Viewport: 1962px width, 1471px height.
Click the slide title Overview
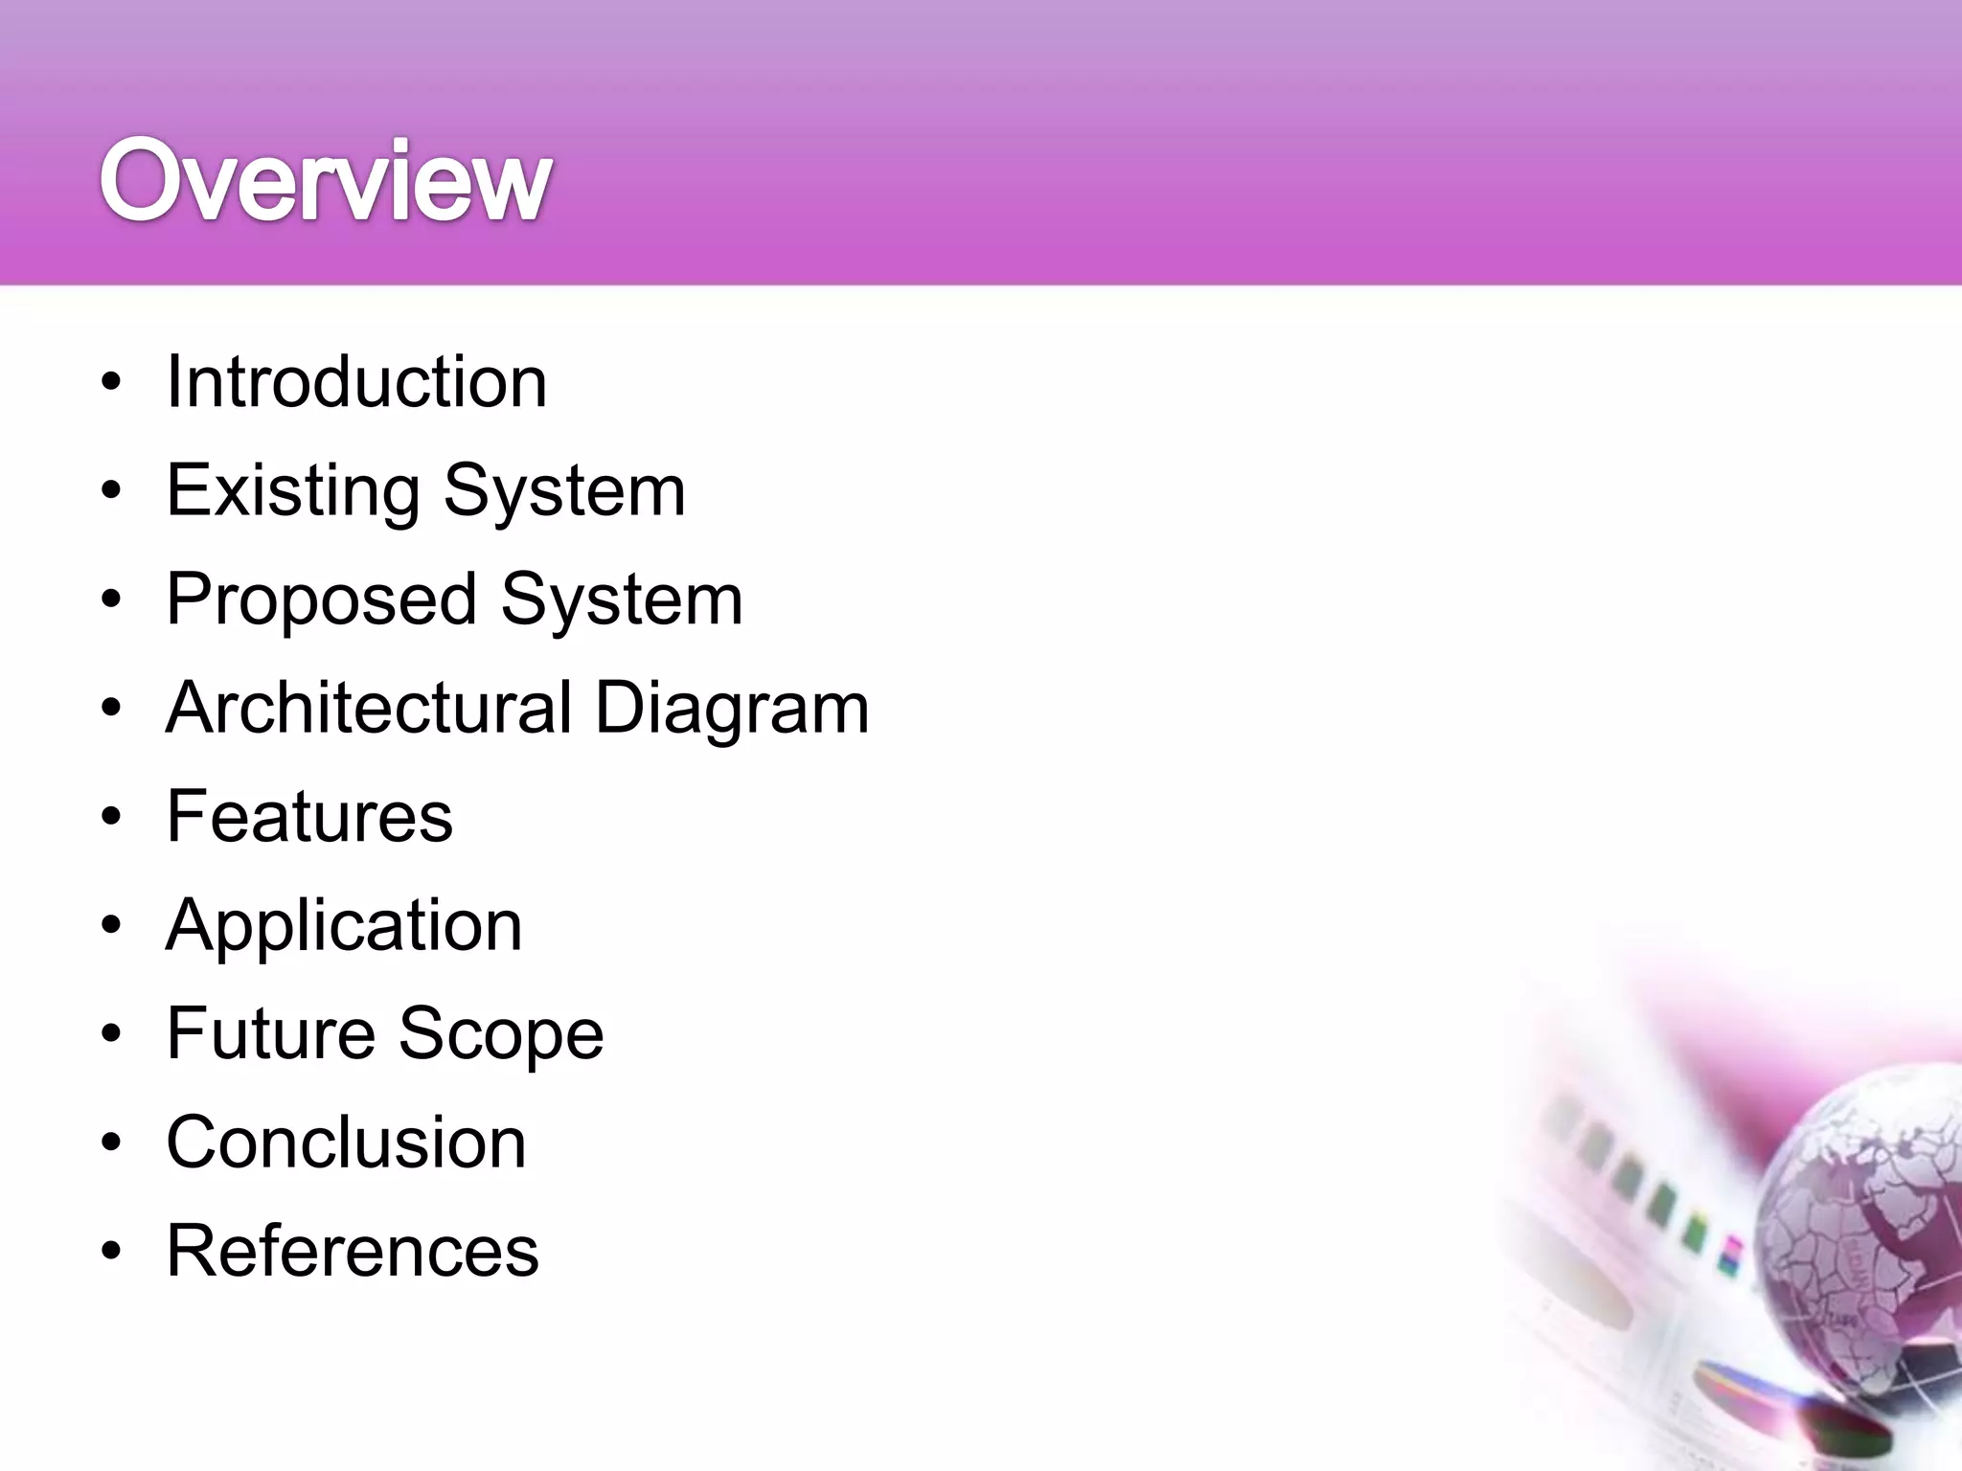click(x=326, y=181)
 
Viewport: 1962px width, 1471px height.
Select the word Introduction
click(x=356, y=382)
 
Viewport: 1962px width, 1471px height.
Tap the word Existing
click(x=293, y=491)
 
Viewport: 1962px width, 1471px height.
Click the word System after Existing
click(x=564, y=491)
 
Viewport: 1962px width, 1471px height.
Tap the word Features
click(x=309, y=816)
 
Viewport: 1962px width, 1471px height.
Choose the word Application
click(x=344, y=926)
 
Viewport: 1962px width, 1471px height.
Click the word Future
click(x=271, y=1033)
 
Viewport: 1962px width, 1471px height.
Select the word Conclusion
click(x=346, y=1143)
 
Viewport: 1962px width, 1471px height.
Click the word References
click(x=353, y=1251)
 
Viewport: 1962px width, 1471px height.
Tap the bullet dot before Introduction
click(x=112, y=383)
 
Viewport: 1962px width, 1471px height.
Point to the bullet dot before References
click(x=112, y=1252)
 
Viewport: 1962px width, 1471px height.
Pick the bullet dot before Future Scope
click(x=112, y=1034)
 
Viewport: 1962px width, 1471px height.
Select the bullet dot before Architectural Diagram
click(x=112, y=709)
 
